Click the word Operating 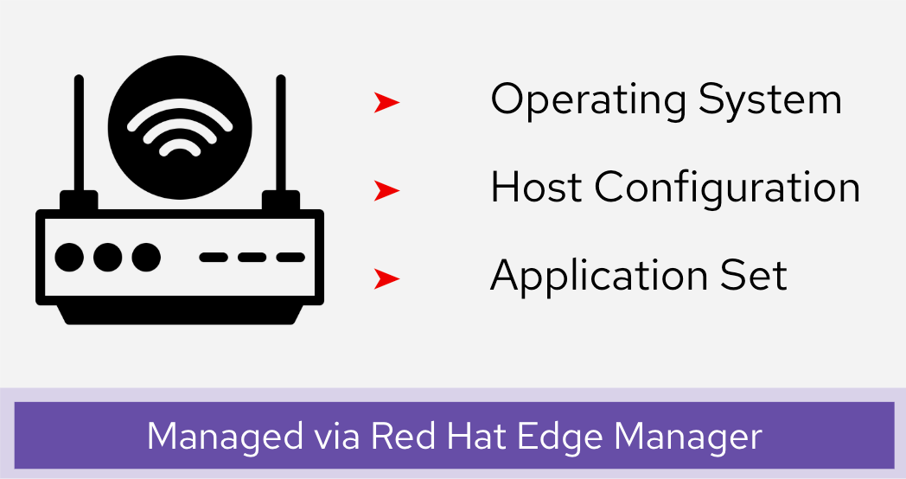point(589,100)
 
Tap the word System point(770,100)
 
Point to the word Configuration point(727,188)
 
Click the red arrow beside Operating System point(386,102)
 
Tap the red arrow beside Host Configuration point(386,190)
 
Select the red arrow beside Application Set point(386,278)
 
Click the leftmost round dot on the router point(69,257)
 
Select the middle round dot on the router point(108,257)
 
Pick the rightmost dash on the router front point(290,257)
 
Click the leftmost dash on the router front point(214,257)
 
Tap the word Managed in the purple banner point(225,437)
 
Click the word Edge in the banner point(558,437)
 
